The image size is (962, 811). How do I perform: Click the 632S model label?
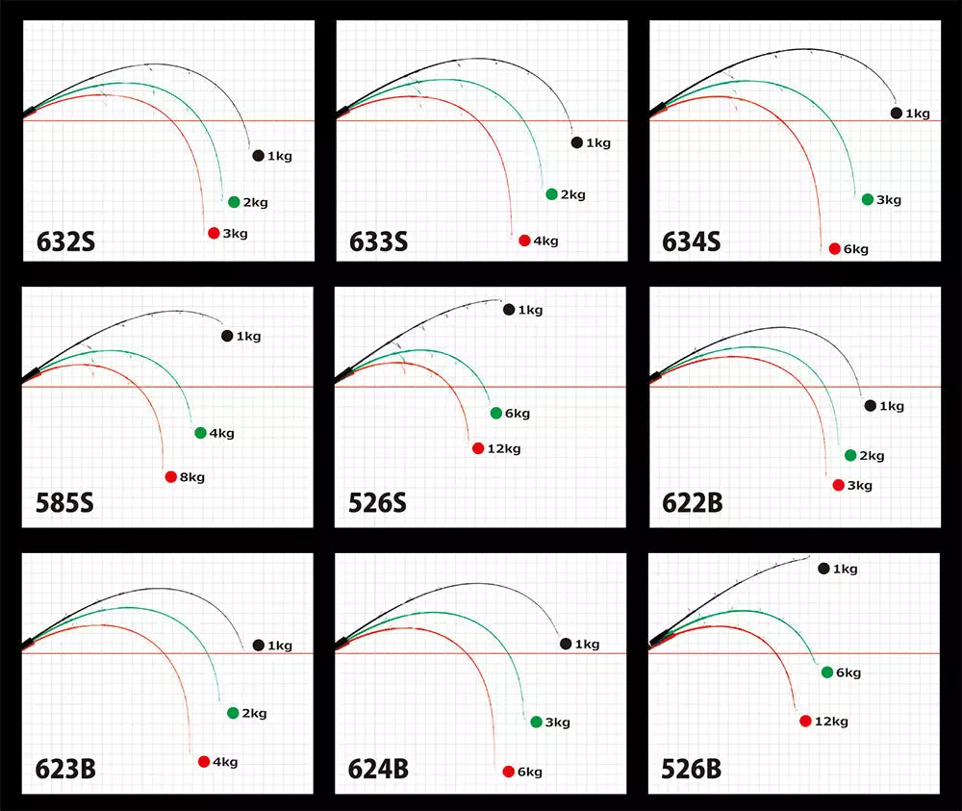pyautogui.click(x=65, y=241)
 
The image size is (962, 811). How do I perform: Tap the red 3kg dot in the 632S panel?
pyautogui.click(x=214, y=233)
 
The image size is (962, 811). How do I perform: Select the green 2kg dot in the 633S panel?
pyautogui.click(x=551, y=194)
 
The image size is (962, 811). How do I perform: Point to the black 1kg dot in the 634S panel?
pyautogui.click(x=897, y=114)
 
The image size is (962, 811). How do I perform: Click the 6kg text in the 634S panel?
pyautogui.click(x=855, y=249)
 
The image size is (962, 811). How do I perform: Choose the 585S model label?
pyautogui.click(x=65, y=503)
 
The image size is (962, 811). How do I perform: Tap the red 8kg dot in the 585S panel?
pyautogui.click(x=171, y=477)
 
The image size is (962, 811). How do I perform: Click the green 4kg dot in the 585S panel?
pyautogui.click(x=200, y=433)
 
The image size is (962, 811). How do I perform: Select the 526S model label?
pyautogui.click(x=378, y=503)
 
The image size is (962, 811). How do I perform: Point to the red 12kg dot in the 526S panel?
pyautogui.click(x=478, y=448)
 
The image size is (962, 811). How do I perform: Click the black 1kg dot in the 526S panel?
pyautogui.click(x=509, y=310)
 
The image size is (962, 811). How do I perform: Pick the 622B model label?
pyautogui.click(x=692, y=503)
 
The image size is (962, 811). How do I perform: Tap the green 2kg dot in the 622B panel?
pyautogui.click(x=849, y=456)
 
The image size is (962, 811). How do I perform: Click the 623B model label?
pyautogui.click(x=65, y=770)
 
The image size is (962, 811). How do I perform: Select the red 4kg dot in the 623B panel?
pyautogui.click(x=204, y=762)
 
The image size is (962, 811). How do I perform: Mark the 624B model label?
pyautogui.click(x=378, y=770)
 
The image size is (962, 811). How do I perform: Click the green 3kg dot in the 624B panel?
pyautogui.click(x=536, y=722)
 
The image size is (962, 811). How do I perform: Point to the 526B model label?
pyautogui.click(x=692, y=770)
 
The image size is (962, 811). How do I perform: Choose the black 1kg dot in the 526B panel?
pyautogui.click(x=823, y=569)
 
